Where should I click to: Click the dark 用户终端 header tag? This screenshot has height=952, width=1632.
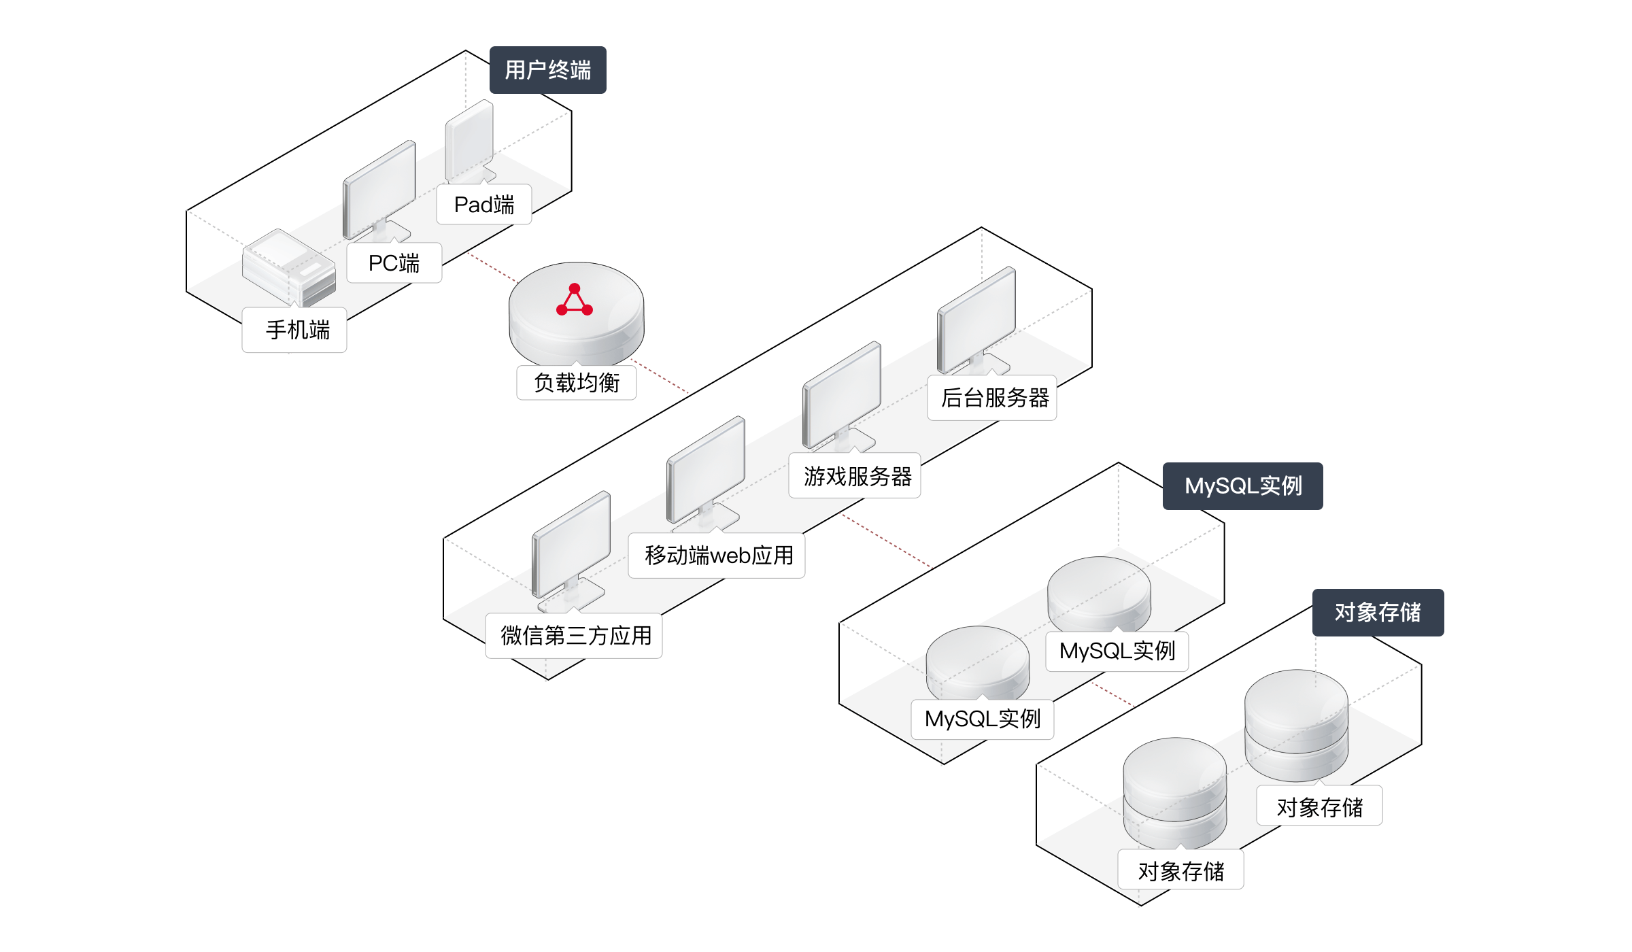547,70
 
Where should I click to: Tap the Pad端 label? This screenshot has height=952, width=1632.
483,205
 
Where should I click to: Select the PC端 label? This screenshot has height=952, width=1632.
394,263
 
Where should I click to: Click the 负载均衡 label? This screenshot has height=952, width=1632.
576,383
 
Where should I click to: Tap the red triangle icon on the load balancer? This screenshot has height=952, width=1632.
575,301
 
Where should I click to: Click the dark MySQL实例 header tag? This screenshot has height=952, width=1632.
1242,486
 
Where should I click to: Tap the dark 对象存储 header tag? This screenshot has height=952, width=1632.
1378,612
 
